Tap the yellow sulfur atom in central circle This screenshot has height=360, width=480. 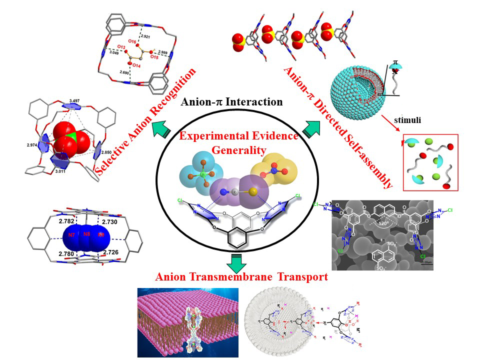[253, 192]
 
